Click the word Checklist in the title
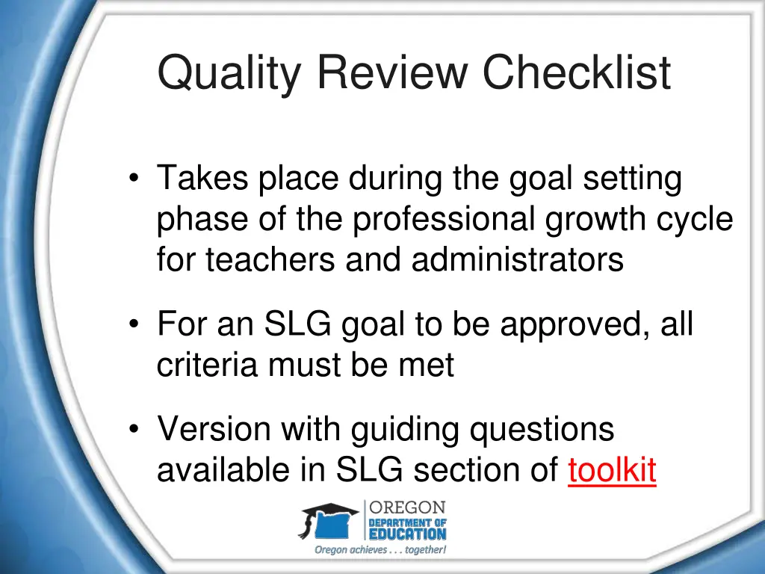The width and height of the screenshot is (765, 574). point(575,73)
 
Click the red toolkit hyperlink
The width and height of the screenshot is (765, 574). point(612,470)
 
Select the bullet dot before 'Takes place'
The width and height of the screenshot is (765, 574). point(134,179)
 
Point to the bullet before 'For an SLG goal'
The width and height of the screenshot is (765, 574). point(134,325)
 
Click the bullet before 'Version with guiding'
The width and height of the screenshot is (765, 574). point(134,430)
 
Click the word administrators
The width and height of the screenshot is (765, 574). point(517,260)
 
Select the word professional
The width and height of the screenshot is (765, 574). point(444,220)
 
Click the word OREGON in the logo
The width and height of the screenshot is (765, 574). point(408,507)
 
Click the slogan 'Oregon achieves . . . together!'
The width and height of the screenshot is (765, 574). point(380,550)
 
